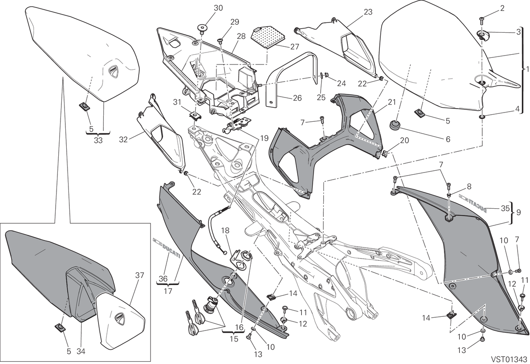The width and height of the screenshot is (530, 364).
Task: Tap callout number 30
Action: (x=218, y=8)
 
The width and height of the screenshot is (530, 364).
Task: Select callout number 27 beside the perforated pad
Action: (x=295, y=47)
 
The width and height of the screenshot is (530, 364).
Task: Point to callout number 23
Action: (x=368, y=12)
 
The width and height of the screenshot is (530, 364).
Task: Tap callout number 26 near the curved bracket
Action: (x=297, y=98)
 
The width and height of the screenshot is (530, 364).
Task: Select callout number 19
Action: (x=264, y=138)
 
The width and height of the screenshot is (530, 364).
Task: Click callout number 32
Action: (x=123, y=139)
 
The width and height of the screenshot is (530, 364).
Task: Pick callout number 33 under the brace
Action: (x=98, y=140)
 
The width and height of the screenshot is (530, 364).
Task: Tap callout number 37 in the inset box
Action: (x=140, y=275)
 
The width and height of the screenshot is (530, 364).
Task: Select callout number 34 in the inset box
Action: (x=81, y=352)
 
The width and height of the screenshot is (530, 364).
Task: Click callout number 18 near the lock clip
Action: (x=226, y=230)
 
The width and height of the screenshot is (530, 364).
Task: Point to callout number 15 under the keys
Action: (x=234, y=339)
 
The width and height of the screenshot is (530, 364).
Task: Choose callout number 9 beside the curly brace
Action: (x=518, y=212)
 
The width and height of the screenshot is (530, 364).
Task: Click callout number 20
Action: (x=405, y=140)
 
